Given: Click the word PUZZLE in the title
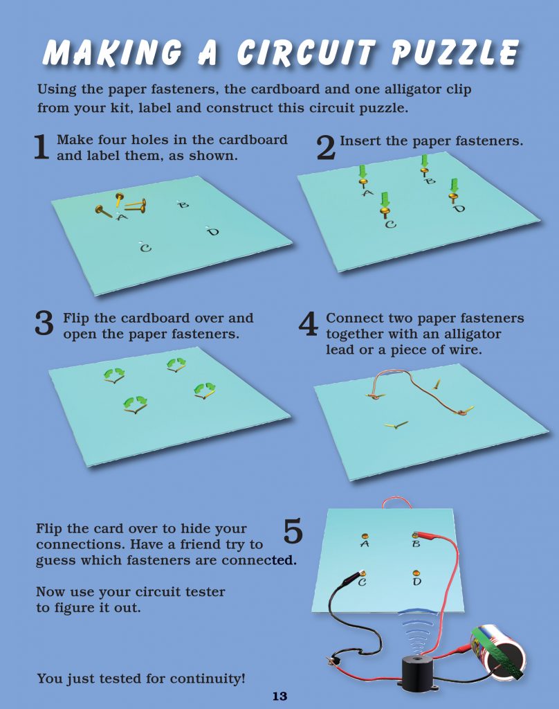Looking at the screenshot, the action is click(x=455, y=53).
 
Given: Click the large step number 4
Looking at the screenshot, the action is click(x=308, y=324).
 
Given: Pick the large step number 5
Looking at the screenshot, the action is click(x=293, y=531).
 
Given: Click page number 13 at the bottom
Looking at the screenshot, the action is click(x=279, y=697).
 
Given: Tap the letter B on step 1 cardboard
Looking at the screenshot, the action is click(x=183, y=205).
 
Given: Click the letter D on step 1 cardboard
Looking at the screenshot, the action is click(x=212, y=232).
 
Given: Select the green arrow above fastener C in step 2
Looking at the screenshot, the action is click(x=385, y=199).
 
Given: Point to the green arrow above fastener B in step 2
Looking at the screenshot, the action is click(x=424, y=161).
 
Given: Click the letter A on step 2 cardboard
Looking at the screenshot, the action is click(x=368, y=193).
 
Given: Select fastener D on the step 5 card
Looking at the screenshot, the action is click(x=416, y=573).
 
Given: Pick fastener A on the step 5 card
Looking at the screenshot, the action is click(x=365, y=537).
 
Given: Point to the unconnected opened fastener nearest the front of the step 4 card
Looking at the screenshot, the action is click(x=396, y=424).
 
